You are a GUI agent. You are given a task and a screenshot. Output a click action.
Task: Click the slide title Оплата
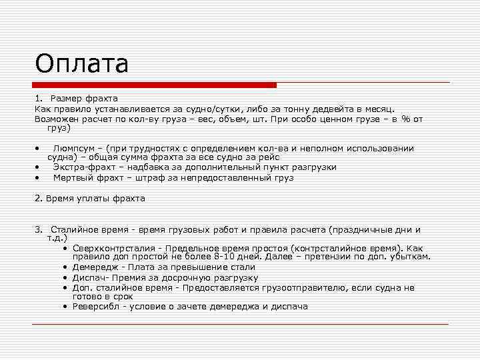point(81,64)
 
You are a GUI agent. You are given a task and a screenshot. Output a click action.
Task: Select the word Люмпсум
point(74,148)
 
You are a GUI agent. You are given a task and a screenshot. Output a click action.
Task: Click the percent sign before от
point(405,119)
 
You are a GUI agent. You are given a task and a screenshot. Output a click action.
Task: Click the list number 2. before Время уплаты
point(38,198)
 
